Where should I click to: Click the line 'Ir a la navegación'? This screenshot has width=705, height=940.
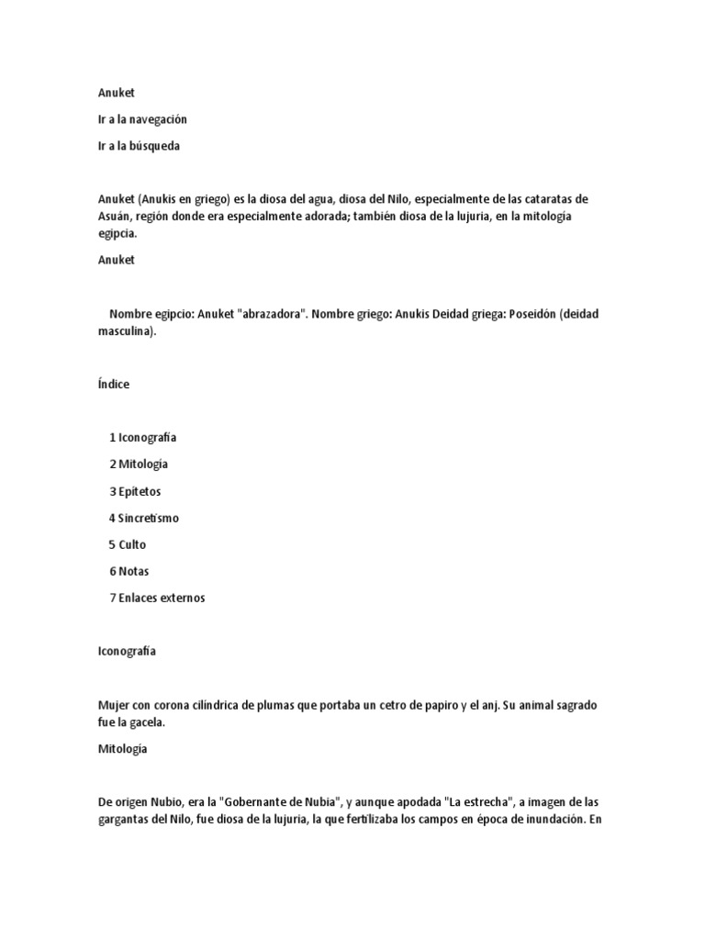tap(142, 119)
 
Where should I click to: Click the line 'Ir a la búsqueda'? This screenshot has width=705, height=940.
tap(139, 146)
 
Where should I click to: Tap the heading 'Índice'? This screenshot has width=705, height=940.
tap(114, 385)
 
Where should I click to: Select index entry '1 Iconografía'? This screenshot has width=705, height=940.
tap(142, 438)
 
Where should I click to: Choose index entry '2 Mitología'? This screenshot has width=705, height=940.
tap(139, 464)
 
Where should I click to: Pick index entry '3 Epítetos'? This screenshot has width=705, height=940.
tap(135, 491)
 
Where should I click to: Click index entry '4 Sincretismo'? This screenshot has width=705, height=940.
tap(144, 518)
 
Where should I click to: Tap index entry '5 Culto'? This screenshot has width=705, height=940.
tap(128, 544)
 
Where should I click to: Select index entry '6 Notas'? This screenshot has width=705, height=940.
tap(129, 571)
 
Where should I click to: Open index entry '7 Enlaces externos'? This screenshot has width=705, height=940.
tap(157, 598)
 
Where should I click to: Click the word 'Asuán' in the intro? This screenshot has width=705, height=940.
tap(115, 217)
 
